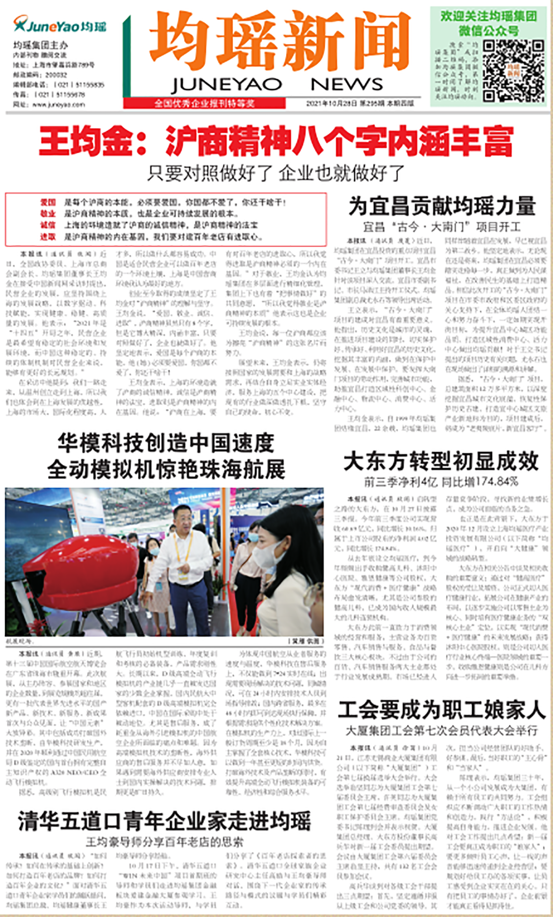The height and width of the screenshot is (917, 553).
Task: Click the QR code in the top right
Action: pyautogui.click(x=513, y=70)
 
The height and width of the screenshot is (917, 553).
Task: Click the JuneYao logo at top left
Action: pyautogui.click(x=59, y=25)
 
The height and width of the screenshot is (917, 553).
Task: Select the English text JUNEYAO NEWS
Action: pyautogui.click(x=276, y=85)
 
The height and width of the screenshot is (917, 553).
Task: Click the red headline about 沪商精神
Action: pyautogui.click(x=276, y=141)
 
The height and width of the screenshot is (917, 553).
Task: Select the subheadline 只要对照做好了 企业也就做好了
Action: pyautogui.click(x=276, y=173)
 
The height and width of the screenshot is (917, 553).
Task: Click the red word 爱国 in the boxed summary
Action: pyautogui.click(x=48, y=202)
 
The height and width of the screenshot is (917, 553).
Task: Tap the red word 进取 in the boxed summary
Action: pyautogui.click(x=48, y=236)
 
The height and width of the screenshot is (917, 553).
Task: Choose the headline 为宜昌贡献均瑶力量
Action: pyautogui.click(x=442, y=206)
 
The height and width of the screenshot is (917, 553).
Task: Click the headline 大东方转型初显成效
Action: pyautogui.click(x=441, y=461)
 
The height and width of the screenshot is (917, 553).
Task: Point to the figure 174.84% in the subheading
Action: pyautogui.click(x=498, y=481)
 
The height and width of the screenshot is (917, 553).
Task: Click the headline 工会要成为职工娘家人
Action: pyautogui.click(x=442, y=710)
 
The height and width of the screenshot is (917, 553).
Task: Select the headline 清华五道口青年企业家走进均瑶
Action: pyautogui.click(x=165, y=821)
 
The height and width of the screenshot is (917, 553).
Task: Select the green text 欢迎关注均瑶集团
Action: pyautogui.click(x=488, y=16)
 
